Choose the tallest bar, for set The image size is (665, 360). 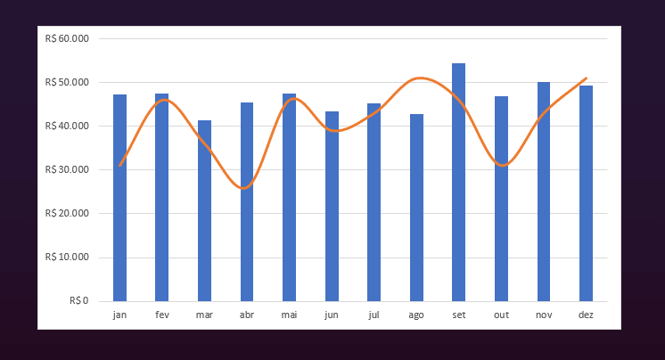click(x=458, y=183)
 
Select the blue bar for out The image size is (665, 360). click(x=501, y=199)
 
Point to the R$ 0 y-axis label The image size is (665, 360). click(x=78, y=301)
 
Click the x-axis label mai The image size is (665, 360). click(x=289, y=315)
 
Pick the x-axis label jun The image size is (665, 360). click(x=332, y=315)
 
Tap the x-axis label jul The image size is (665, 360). click(x=374, y=315)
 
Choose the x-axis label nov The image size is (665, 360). click(x=544, y=315)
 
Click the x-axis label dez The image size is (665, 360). click(x=586, y=315)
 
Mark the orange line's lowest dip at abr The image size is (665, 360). click(x=244, y=188)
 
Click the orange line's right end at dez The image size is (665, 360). click(x=586, y=78)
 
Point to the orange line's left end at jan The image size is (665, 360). click(x=119, y=166)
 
